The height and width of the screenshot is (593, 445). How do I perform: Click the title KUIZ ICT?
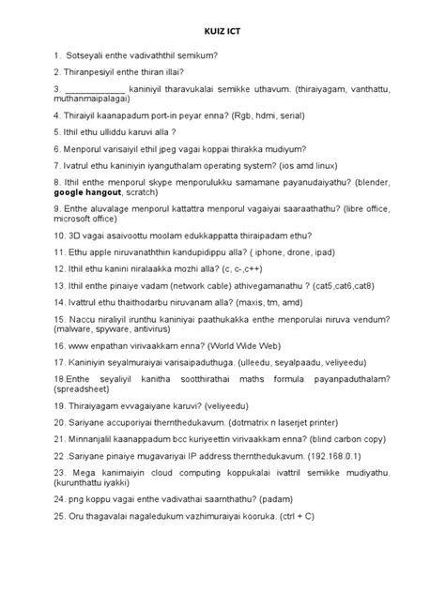[222, 30]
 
